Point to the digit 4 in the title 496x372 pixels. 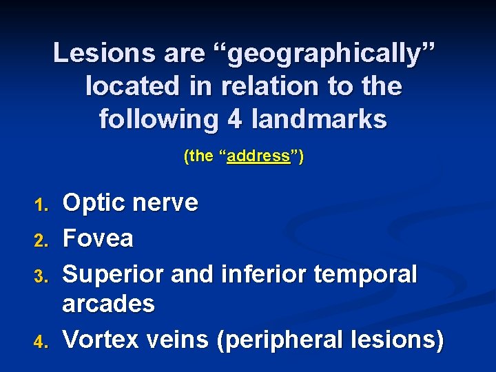click(x=231, y=118)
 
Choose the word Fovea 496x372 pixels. click(x=98, y=238)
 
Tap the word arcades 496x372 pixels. click(x=108, y=304)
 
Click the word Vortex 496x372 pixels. click(x=99, y=340)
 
